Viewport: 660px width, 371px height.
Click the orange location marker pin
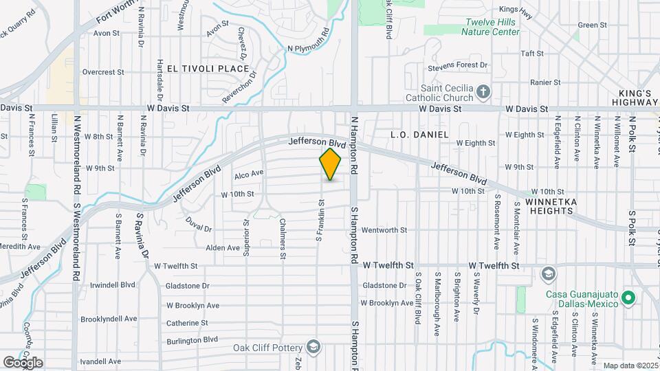click(x=331, y=164)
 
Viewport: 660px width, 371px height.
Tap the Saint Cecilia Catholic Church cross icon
click(x=483, y=91)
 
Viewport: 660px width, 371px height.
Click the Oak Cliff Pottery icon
click(x=314, y=345)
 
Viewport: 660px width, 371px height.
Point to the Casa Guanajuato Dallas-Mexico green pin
click(x=627, y=299)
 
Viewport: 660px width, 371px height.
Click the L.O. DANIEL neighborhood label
click(x=419, y=135)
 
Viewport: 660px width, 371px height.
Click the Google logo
click(x=23, y=362)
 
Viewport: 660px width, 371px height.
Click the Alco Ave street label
click(x=249, y=174)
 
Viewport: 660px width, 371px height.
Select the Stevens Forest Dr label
click(x=457, y=65)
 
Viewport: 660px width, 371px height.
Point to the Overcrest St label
click(x=102, y=71)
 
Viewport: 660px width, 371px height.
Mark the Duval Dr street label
click(x=199, y=225)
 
